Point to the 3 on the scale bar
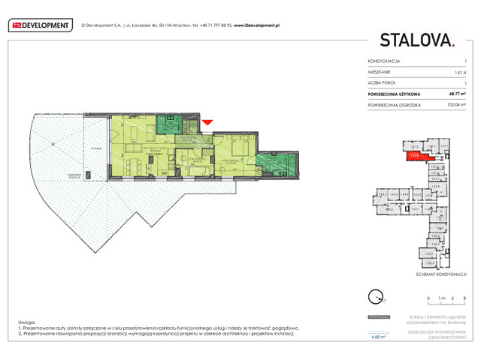coord(464,299)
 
